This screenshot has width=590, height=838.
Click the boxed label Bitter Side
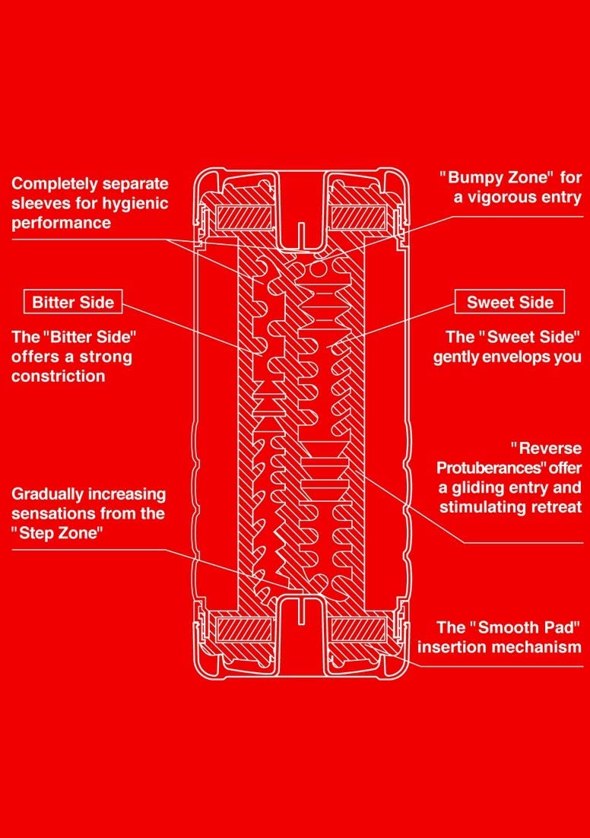[73, 302]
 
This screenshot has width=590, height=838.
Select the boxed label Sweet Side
[510, 302]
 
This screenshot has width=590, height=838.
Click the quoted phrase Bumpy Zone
[495, 178]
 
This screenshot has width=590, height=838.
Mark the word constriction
[59, 376]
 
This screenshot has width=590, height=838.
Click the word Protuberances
[485, 467]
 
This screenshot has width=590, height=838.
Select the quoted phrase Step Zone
[58, 533]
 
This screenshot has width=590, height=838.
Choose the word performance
[61, 224]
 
